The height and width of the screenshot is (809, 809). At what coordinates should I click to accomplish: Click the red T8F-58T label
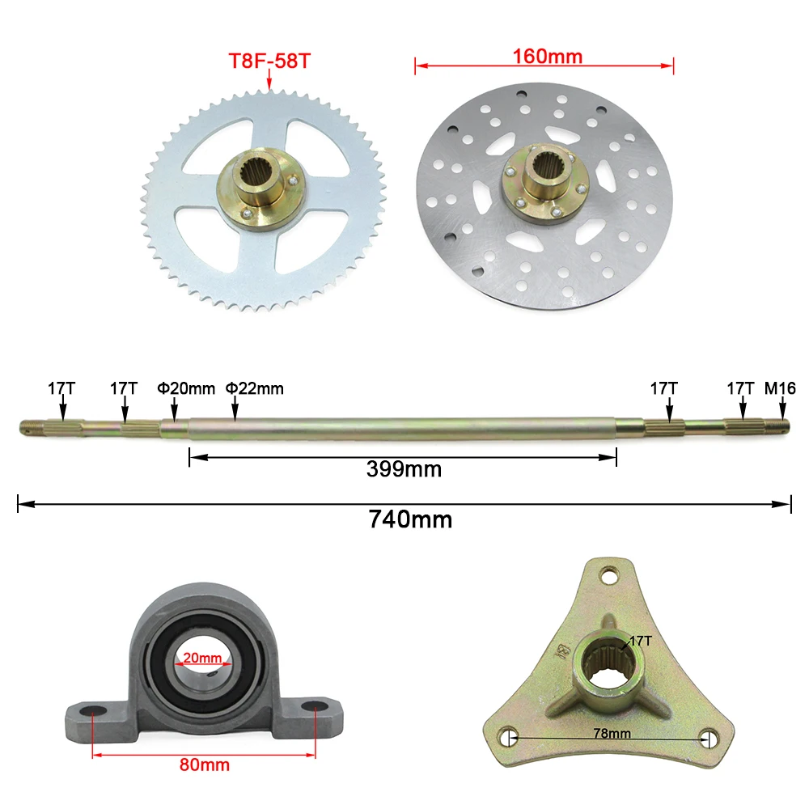(269, 61)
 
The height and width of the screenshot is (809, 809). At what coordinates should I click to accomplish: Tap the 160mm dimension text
(548, 57)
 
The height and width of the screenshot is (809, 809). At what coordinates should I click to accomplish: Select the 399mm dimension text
(404, 469)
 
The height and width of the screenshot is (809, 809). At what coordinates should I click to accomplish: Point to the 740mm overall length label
(410, 519)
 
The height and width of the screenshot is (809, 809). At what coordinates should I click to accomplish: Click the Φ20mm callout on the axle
(186, 388)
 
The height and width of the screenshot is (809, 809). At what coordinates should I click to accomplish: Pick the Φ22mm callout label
(254, 388)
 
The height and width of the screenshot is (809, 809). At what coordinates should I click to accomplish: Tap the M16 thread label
(780, 388)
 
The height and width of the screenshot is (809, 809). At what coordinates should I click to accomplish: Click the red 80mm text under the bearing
(205, 765)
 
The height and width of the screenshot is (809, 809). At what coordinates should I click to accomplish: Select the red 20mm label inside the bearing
(202, 658)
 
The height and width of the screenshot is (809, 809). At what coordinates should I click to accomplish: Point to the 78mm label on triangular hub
(612, 733)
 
